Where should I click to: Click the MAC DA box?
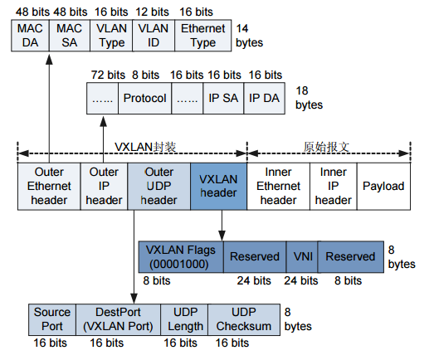click(32, 36)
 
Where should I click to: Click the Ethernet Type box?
click(202, 36)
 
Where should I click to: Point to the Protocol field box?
click(144, 99)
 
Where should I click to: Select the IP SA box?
click(223, 99)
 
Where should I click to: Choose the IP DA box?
click(266, 99)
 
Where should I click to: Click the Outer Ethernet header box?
click(49, 186)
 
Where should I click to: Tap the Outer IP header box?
click(104, 186)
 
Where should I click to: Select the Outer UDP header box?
click(158, 186)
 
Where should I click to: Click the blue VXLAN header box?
click(218, 186)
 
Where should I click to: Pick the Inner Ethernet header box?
click(278, 186)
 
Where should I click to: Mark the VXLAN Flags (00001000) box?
click(180, 256)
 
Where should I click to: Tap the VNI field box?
click(301, 256)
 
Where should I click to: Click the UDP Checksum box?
click(245, 319)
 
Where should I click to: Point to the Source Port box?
click(52, 319)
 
